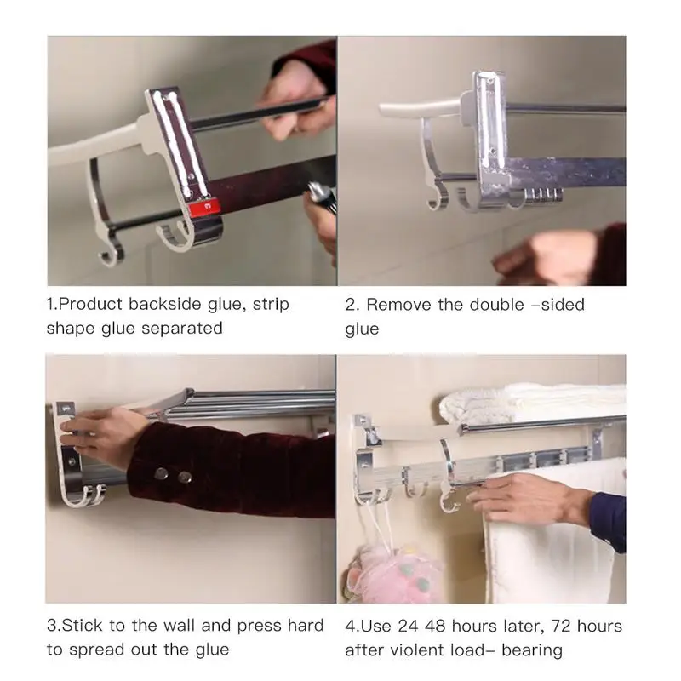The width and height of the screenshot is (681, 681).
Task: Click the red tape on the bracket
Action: [x=204, y=207]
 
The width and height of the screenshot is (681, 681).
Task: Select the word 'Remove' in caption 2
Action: [x=398, y=305]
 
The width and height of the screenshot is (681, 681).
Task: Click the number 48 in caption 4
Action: [x=436, y=627]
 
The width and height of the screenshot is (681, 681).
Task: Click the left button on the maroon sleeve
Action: [x=161, y=473]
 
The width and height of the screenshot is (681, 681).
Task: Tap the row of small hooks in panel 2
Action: [x=543, y=195]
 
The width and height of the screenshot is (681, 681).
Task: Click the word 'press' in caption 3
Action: [x=259, y=627]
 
